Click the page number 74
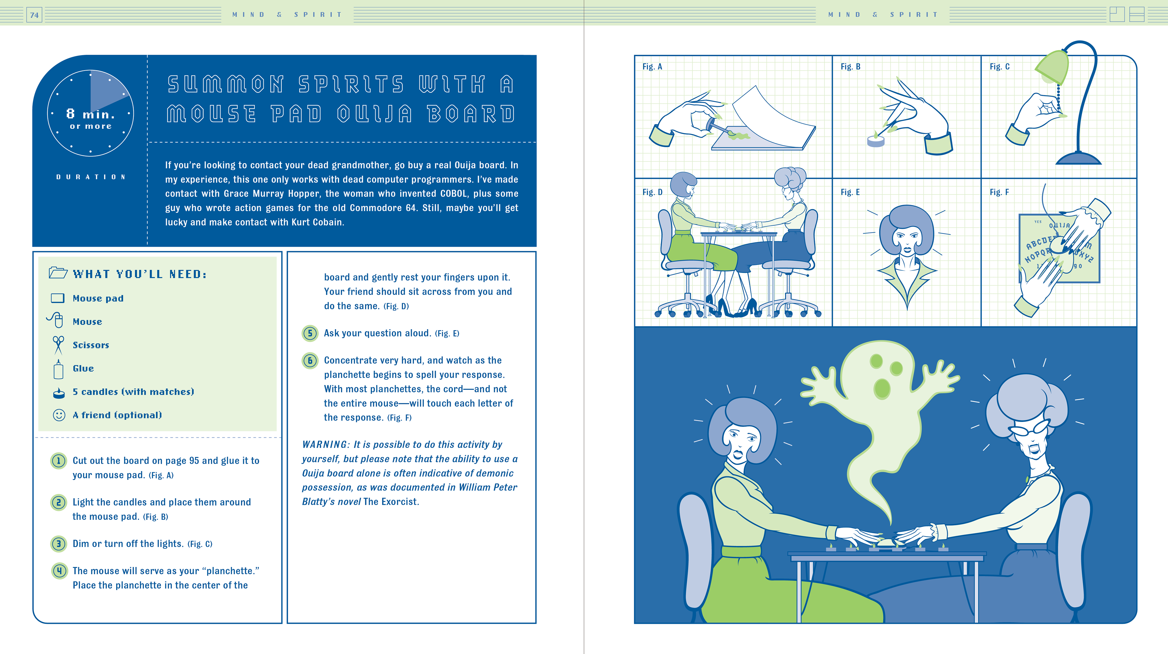coord(34,15)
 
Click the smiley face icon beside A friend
coord(59,415)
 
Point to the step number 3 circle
coord(58,543)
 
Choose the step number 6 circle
coord(310,360)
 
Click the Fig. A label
coord(652,67)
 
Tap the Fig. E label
coord(850,192)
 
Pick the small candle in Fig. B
coord(876,140)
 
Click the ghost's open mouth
coord(882,388)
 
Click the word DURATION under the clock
coord(91,177)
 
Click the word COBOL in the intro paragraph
coord(454,194)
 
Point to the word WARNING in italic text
coord(325,445)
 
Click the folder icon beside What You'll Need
coord(58,272)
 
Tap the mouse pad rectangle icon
coord(57,298)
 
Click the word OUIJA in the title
coord(374,114)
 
